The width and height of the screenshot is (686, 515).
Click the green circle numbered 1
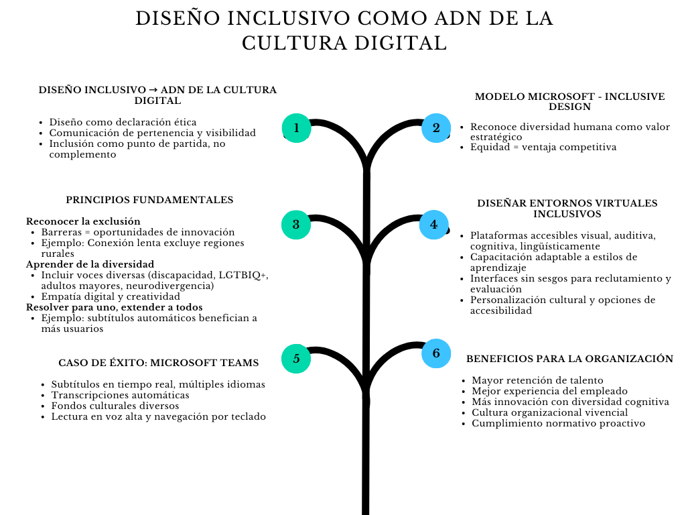296,128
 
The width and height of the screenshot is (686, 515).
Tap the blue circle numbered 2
436,128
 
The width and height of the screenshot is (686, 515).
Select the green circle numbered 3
296,225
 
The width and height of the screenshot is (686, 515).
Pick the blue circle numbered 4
434,225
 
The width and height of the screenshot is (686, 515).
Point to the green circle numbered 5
296,359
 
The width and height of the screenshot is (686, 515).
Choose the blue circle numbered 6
436,353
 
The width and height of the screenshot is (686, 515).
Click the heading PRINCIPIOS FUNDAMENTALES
149,200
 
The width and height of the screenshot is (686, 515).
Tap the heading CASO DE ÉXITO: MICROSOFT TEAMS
158,363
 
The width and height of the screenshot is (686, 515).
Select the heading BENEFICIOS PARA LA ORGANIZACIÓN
569,359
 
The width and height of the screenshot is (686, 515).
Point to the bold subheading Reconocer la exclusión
83,221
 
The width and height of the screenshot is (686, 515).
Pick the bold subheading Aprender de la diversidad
90,264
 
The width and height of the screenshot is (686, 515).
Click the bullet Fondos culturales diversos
115,406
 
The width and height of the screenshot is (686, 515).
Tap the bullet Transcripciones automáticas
121,395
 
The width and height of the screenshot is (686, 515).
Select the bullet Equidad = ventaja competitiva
543,147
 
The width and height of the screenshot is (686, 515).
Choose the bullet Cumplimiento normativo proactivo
558,424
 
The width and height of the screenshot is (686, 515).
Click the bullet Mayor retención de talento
537,381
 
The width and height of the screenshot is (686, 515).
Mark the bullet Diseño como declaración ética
123,122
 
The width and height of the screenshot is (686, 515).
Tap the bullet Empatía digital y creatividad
111,296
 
